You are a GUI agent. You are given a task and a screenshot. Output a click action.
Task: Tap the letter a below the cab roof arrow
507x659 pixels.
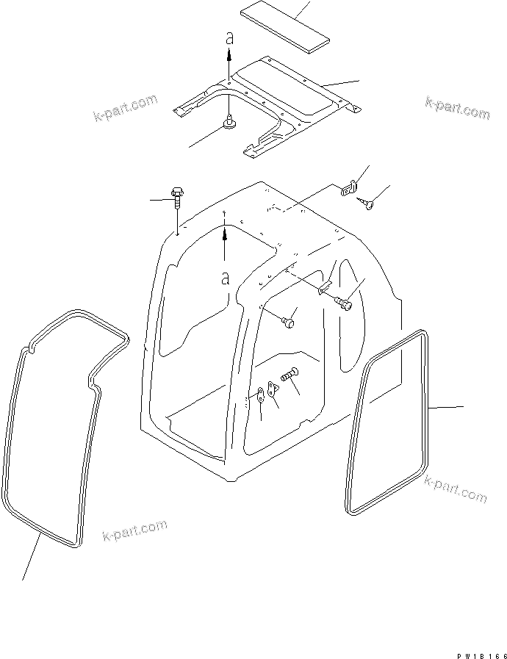click(x=226, y=278)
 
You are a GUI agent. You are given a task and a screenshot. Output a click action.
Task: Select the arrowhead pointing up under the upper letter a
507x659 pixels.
click(x=229, y=54)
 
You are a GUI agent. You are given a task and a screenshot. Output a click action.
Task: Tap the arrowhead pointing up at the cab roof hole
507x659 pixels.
click(x=226, y=234)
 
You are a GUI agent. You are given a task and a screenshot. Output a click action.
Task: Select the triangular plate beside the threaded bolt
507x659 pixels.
click(x=272, y=387)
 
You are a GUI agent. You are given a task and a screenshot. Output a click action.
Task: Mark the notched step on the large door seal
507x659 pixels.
click(x=92, y=381)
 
